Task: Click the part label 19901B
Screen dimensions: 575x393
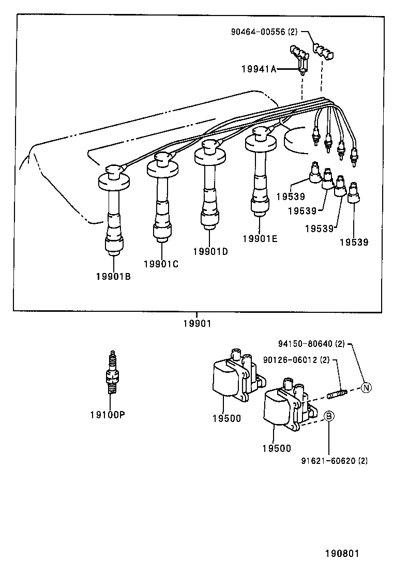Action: (113, 276)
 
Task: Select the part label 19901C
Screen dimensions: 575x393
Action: (161, 264)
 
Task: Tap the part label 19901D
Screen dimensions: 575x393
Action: (210, 251)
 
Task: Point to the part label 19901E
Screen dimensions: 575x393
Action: (260, 238)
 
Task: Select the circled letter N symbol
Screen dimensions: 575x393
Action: (366, 387)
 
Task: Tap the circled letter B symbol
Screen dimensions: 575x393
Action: (328, 416)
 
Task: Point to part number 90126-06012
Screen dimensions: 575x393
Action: (296, 359)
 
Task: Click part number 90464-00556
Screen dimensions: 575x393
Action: (264, 32)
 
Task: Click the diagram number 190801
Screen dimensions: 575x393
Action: (341, 553)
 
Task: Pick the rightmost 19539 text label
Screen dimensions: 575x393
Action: (354, 241)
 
